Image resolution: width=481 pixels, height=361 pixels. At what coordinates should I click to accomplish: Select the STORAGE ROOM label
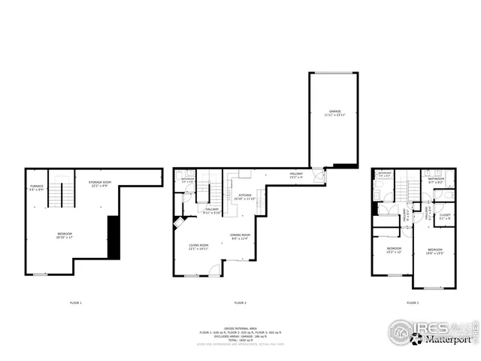point(99,183)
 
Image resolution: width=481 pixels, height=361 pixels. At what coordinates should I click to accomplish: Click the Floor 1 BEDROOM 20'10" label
point(65,236)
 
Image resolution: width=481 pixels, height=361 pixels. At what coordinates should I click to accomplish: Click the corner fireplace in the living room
point(178,223)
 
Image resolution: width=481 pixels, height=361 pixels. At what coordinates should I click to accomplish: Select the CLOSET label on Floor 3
point(445,217)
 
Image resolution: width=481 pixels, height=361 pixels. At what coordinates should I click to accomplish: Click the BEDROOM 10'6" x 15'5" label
point(435,251)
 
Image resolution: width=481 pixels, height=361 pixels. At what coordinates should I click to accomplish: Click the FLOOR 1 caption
point(75,302)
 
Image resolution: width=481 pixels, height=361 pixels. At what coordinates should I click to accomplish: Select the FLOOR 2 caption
point(240,302)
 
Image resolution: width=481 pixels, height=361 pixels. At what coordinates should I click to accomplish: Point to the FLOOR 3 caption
point(413,302)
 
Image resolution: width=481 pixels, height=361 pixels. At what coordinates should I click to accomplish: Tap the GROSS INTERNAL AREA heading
point(240,328)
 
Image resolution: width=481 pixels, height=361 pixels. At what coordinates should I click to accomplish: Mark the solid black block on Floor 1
point(113,237)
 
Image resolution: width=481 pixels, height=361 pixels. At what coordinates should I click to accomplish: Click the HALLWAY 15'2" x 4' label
point(296,176)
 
